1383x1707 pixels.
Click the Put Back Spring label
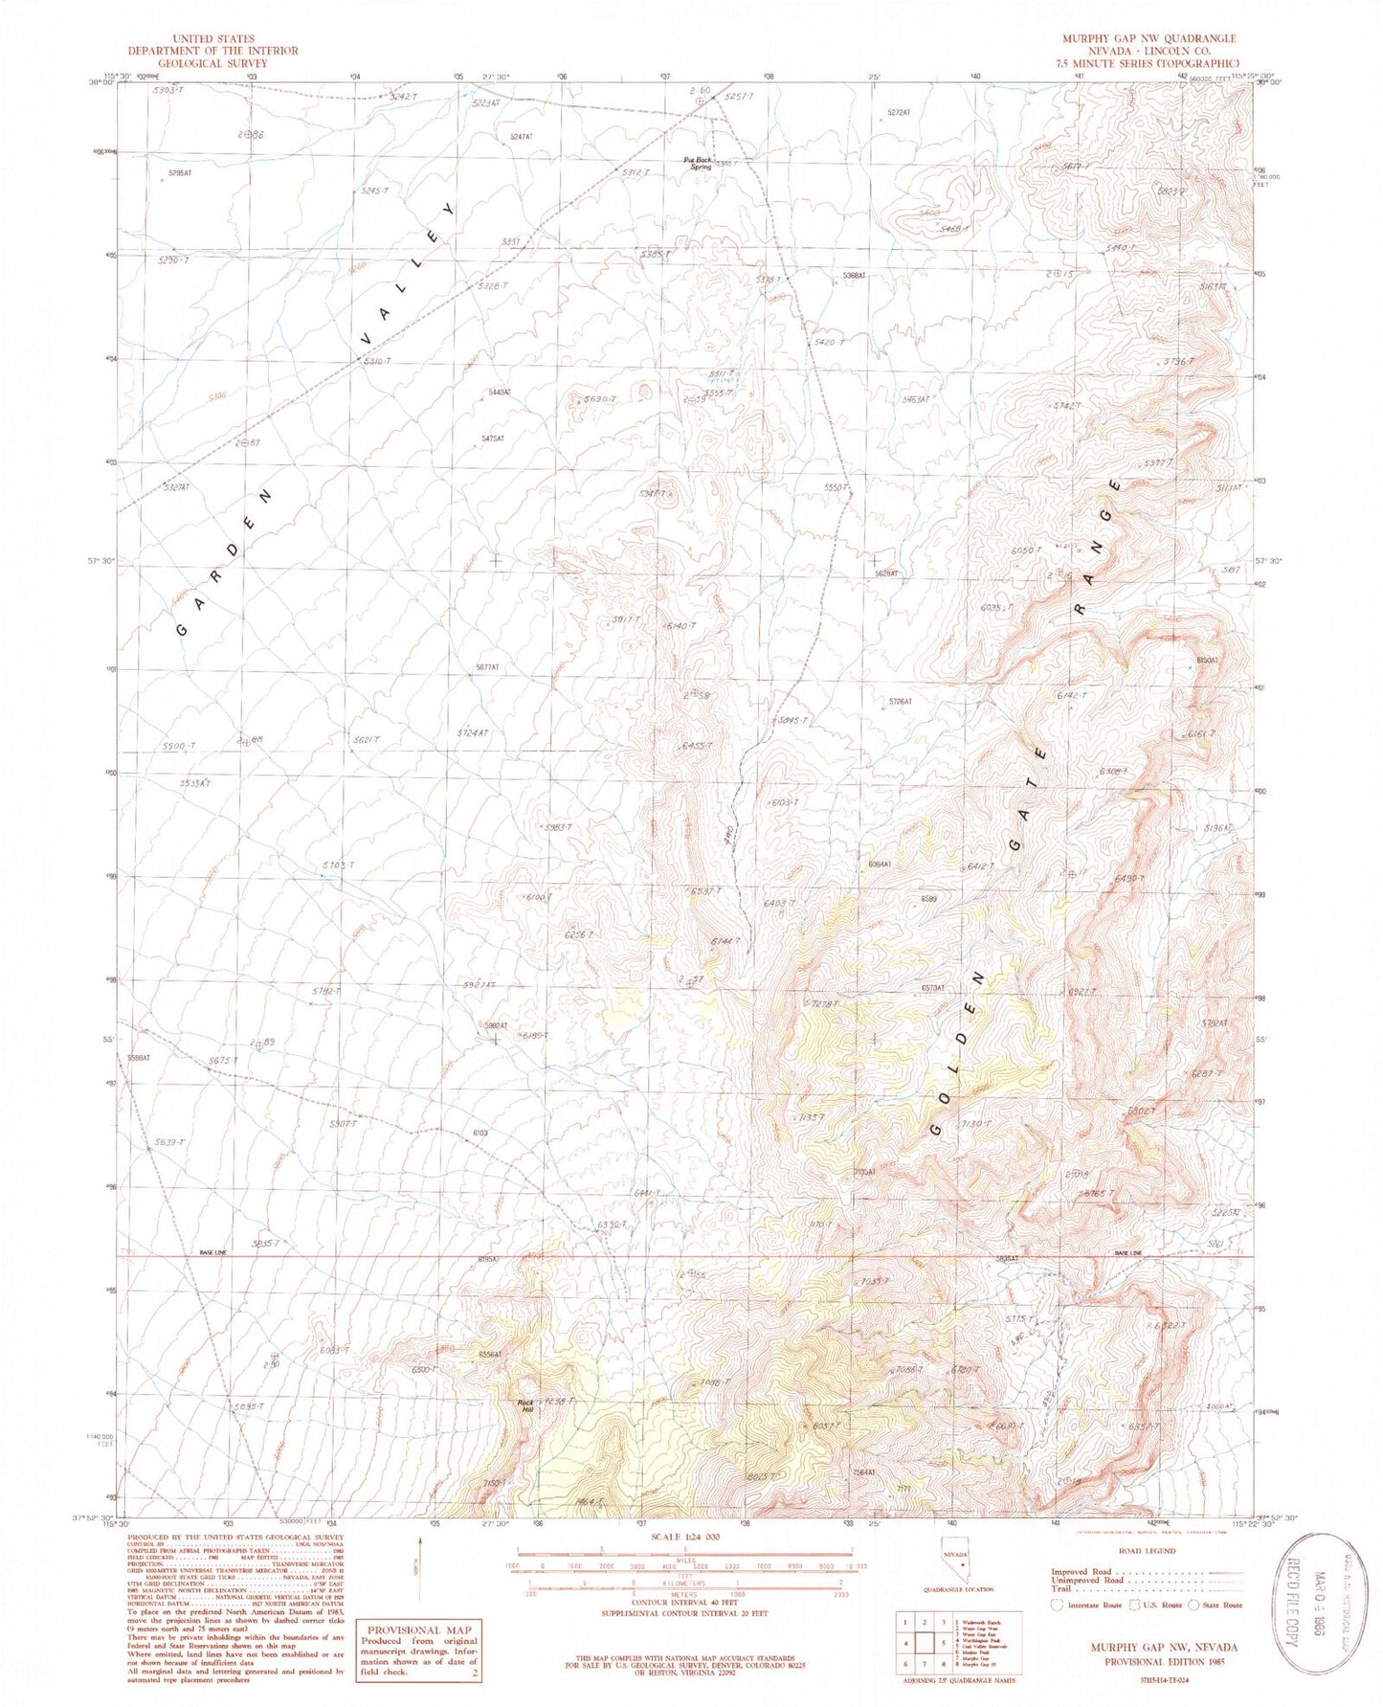(698, 164)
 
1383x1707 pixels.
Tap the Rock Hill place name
(525, 1405)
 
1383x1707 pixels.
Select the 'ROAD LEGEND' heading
(1148, 1551)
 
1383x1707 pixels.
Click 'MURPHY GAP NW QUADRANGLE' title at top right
(1148, 39)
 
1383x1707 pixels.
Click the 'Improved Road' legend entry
(1082, 1572)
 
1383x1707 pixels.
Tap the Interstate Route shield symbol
(1057, 1606)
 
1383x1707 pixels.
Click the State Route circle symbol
(1193, 1606)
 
